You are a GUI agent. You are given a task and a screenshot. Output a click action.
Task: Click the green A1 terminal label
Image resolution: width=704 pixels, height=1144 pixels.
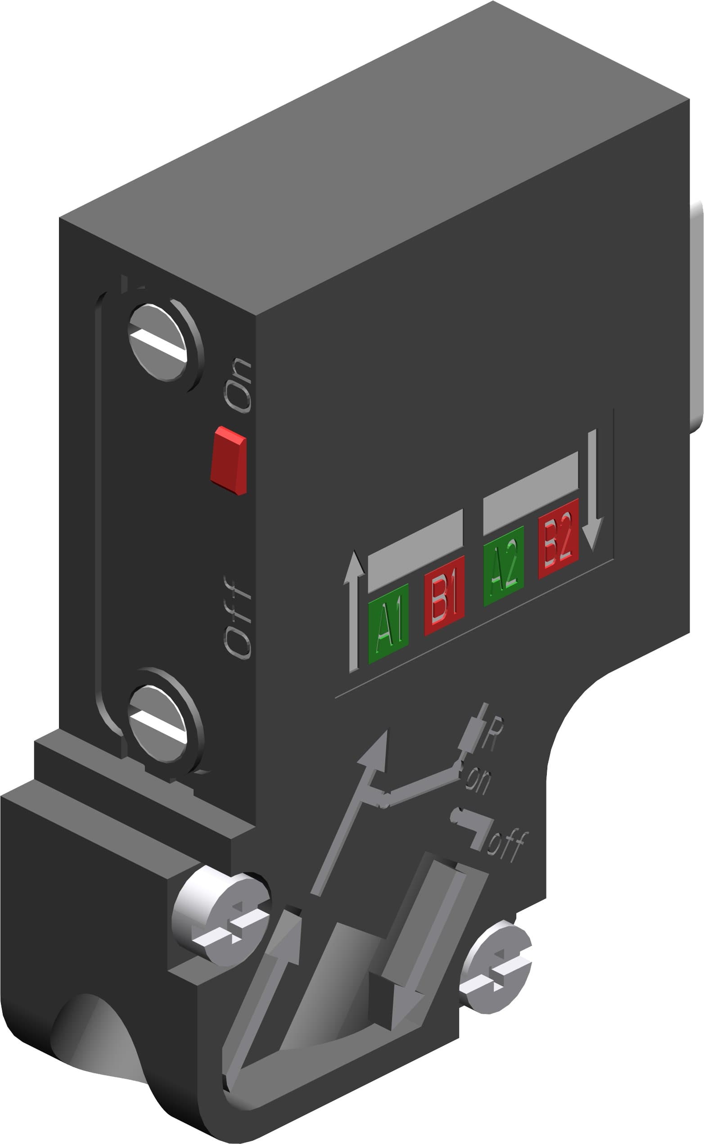pos(388,623)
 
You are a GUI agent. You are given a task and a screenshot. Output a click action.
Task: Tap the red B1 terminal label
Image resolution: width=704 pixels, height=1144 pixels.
pos(444,595)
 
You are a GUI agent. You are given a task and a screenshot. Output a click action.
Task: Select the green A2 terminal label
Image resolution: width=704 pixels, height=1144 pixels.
pos(504,566)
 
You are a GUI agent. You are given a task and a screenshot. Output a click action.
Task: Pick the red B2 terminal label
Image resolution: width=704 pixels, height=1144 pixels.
pos(558,538)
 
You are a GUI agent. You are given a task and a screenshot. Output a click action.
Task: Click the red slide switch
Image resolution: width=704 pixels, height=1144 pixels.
pos(229,460)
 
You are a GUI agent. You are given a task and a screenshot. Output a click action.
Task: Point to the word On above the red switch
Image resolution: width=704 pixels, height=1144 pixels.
pos(238,386)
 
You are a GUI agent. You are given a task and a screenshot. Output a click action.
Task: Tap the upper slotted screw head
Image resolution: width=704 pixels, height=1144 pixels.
pos(158,342)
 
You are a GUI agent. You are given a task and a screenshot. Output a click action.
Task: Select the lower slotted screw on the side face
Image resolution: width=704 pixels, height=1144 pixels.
pos(158,723)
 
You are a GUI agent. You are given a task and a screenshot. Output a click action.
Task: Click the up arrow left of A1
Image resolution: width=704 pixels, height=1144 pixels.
pos(354,610)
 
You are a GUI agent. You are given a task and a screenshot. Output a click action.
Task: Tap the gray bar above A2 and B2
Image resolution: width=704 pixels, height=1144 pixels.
pos(530,493)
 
